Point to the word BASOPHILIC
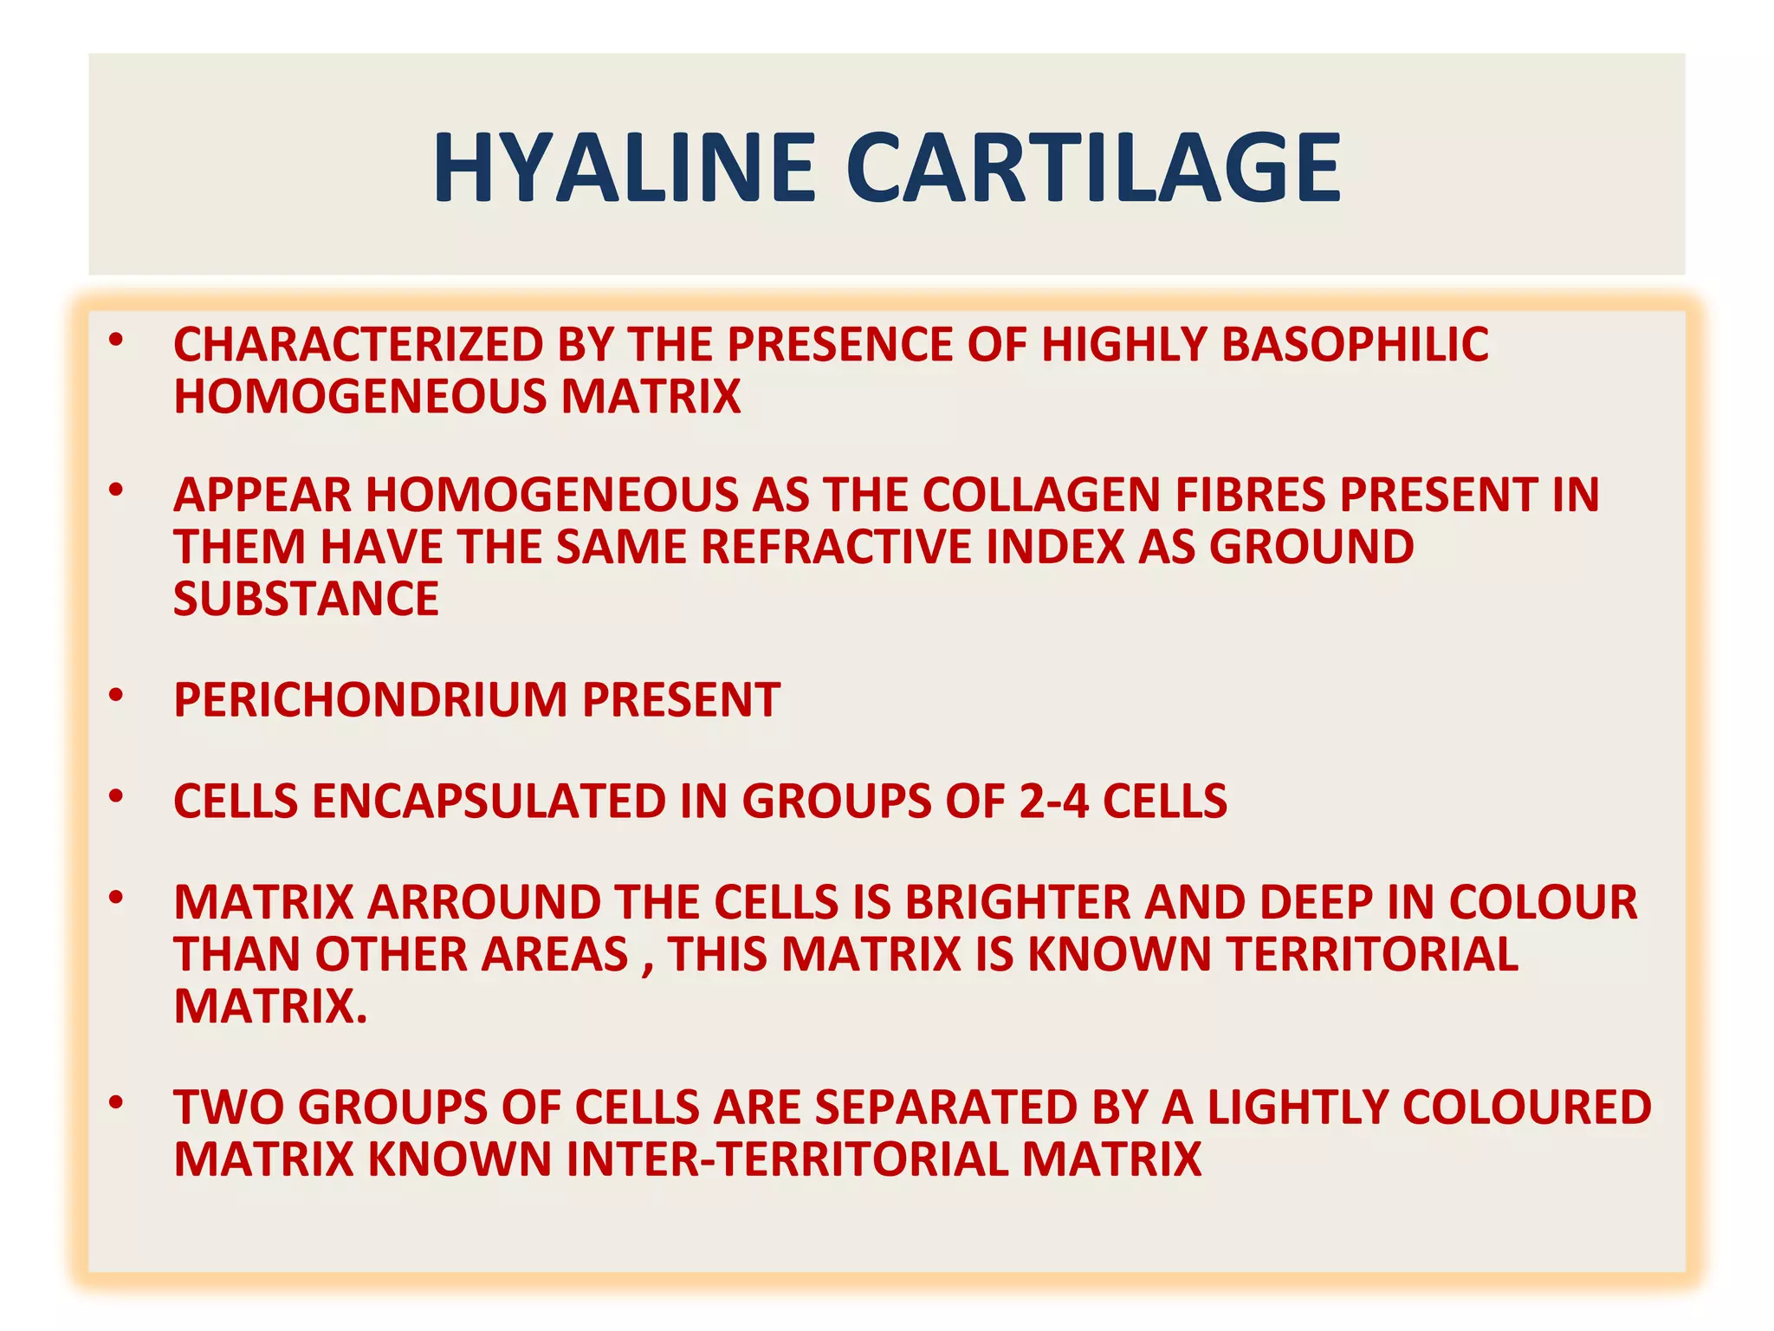(x=1355, y=345)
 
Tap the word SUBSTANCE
(x=306, y=600)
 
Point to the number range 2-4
(x=1053, y=802)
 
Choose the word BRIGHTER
(x=1018, y=903)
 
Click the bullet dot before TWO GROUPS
(x=116, y=1103)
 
